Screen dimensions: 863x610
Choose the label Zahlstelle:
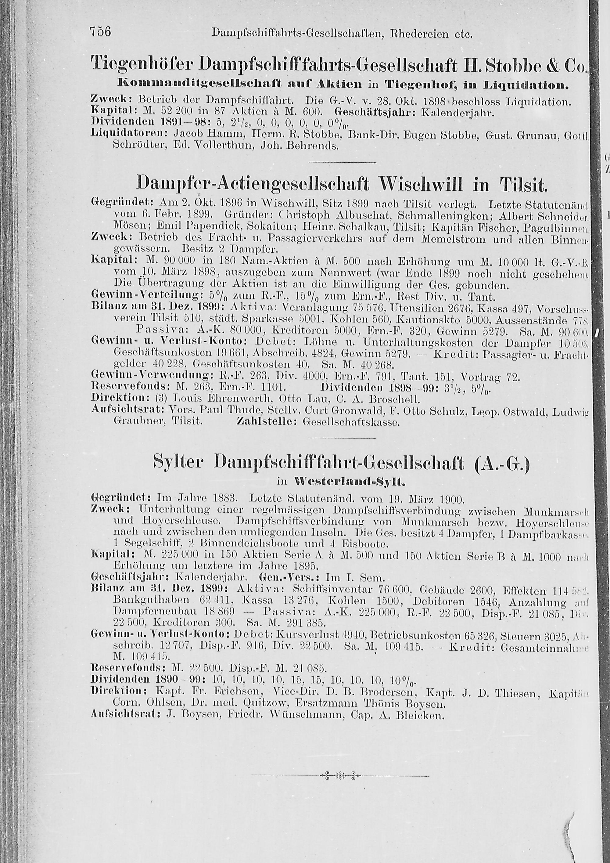tap(267, 422)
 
